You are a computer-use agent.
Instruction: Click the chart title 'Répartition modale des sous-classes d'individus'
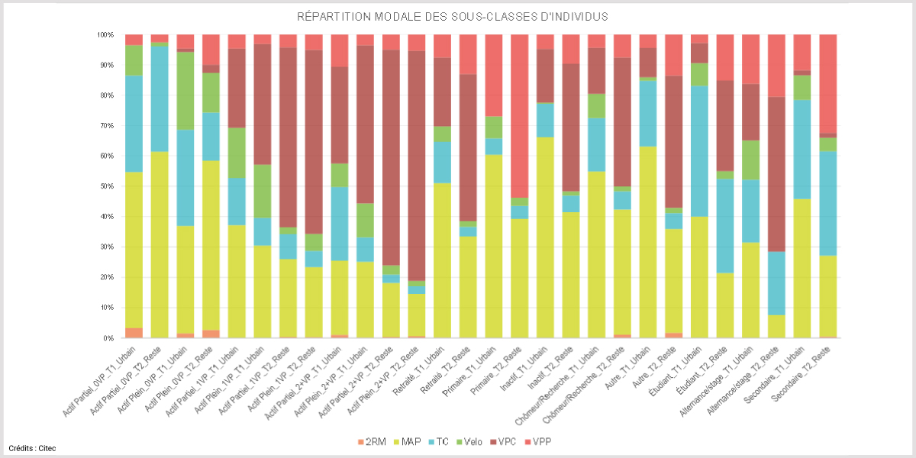pos(457,17)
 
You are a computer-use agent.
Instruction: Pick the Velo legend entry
pos(468,442)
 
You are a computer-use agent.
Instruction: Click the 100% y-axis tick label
pos(104,35)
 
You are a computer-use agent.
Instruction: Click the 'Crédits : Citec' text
pos(32,448)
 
